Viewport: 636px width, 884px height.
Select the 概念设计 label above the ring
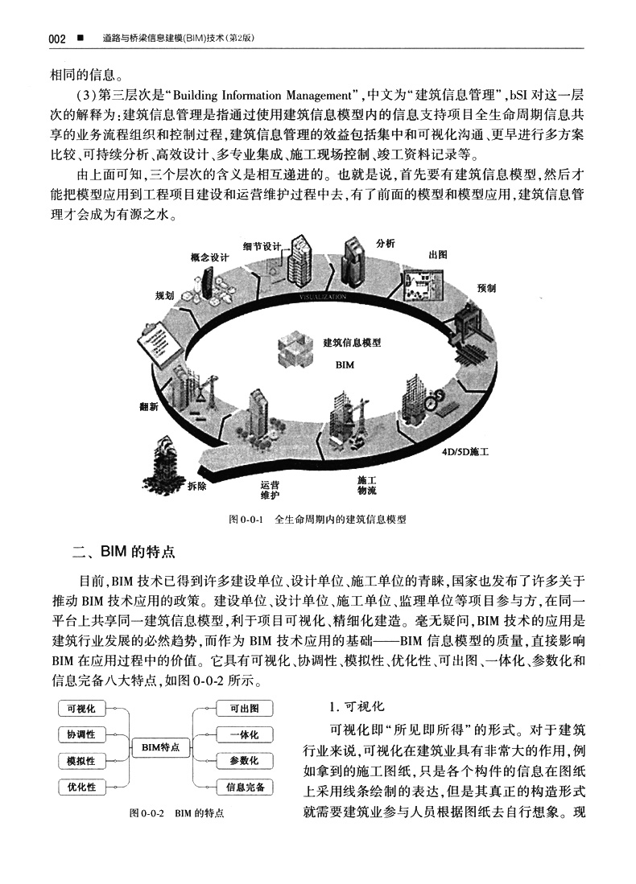210,257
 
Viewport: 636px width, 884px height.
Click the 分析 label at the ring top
385,244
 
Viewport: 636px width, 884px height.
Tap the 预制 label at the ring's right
486,287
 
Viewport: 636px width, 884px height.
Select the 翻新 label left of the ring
150,405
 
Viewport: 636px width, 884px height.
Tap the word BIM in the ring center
344,364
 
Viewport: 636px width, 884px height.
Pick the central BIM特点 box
160,747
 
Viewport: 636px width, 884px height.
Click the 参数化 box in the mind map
244,760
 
